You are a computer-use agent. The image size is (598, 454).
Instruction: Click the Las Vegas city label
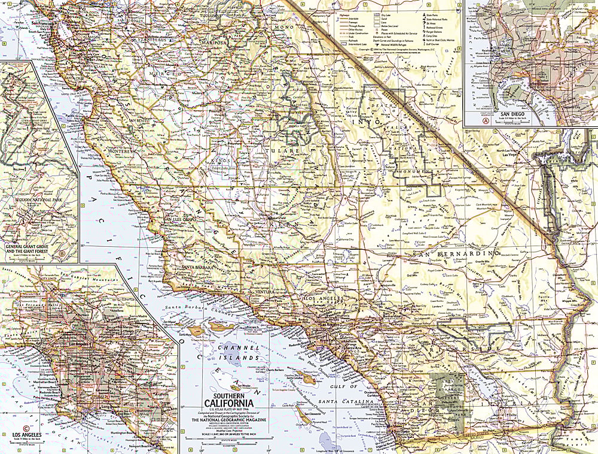[510, 155]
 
